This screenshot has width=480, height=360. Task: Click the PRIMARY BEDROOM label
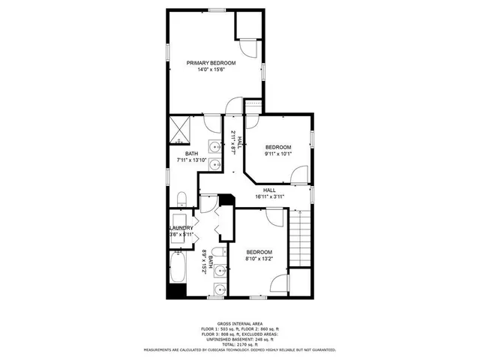(211, 63)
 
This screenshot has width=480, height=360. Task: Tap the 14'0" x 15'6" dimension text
(211, 70)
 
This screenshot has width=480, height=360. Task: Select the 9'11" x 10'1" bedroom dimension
(277, 154)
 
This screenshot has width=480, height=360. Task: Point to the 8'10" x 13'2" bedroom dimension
(259, 259)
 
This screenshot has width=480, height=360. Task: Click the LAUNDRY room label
(181, 228)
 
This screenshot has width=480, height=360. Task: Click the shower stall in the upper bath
(180, 129)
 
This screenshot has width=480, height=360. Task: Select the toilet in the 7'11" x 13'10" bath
(182, 198)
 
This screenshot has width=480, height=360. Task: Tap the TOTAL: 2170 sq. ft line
(239, 343)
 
